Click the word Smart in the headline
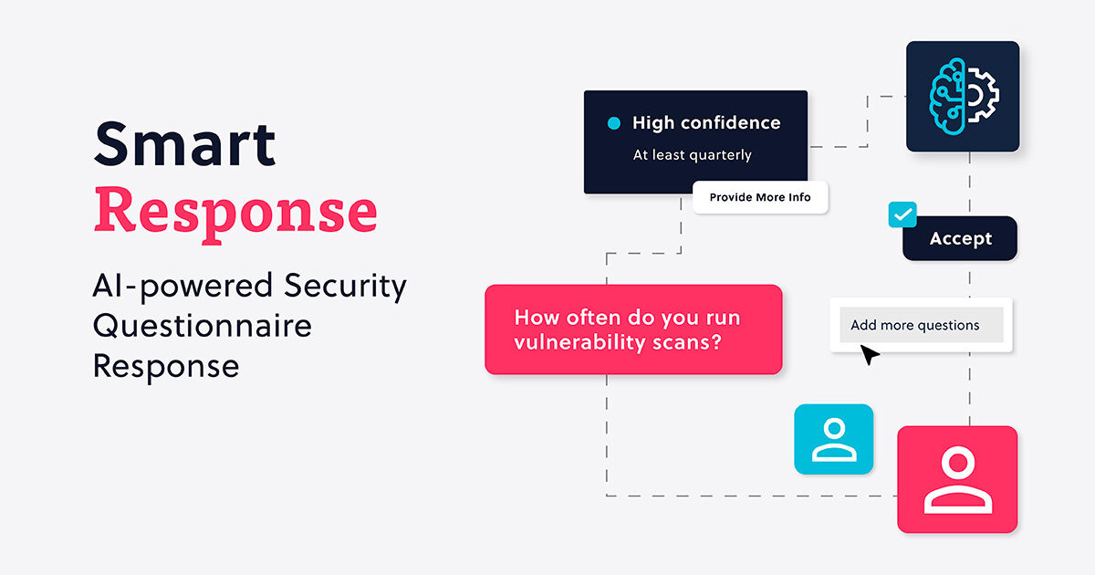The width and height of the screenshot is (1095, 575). click(184, 143)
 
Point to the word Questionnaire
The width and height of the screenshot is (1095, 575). click(202, 326)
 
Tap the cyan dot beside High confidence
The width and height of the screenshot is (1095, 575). click(613, 122)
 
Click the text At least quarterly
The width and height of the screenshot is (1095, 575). click(692, 155)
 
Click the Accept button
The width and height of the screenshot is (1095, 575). click(960, 239)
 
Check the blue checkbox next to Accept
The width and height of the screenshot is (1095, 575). click(902, 214)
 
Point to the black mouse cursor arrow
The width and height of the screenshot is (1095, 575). click(870, 355)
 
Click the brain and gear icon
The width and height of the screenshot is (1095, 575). click(963, 96)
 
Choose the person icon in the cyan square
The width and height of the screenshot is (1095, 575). click(833, 439)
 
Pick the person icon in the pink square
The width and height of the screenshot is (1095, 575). click(957, 479)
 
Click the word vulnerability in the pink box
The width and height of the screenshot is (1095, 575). click(571, 343)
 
